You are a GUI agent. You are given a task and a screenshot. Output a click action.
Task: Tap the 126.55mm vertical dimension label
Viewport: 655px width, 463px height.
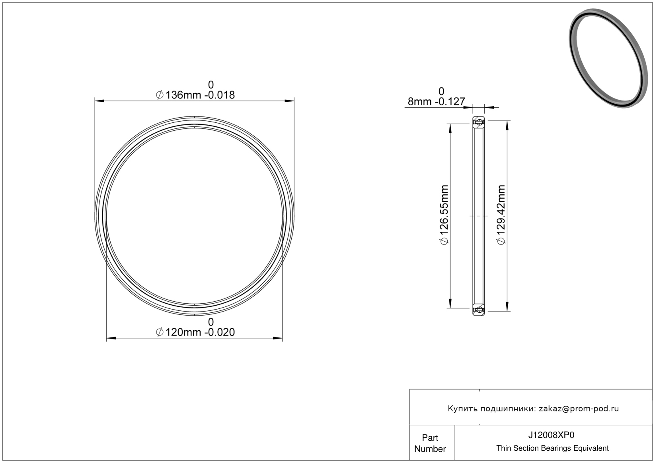tap(444, 215)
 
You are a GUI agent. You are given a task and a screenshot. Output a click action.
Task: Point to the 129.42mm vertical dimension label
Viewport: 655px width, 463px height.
tap(501, 215)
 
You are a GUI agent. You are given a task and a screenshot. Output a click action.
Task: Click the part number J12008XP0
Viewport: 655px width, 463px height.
tap(551, 435)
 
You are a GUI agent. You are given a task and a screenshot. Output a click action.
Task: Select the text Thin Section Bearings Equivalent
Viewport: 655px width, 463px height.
tap(552, 448)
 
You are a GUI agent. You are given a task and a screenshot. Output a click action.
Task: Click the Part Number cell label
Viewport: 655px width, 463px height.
tap(430, 443)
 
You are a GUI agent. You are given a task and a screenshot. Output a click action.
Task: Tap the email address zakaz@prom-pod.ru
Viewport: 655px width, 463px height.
tap(579, 409)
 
